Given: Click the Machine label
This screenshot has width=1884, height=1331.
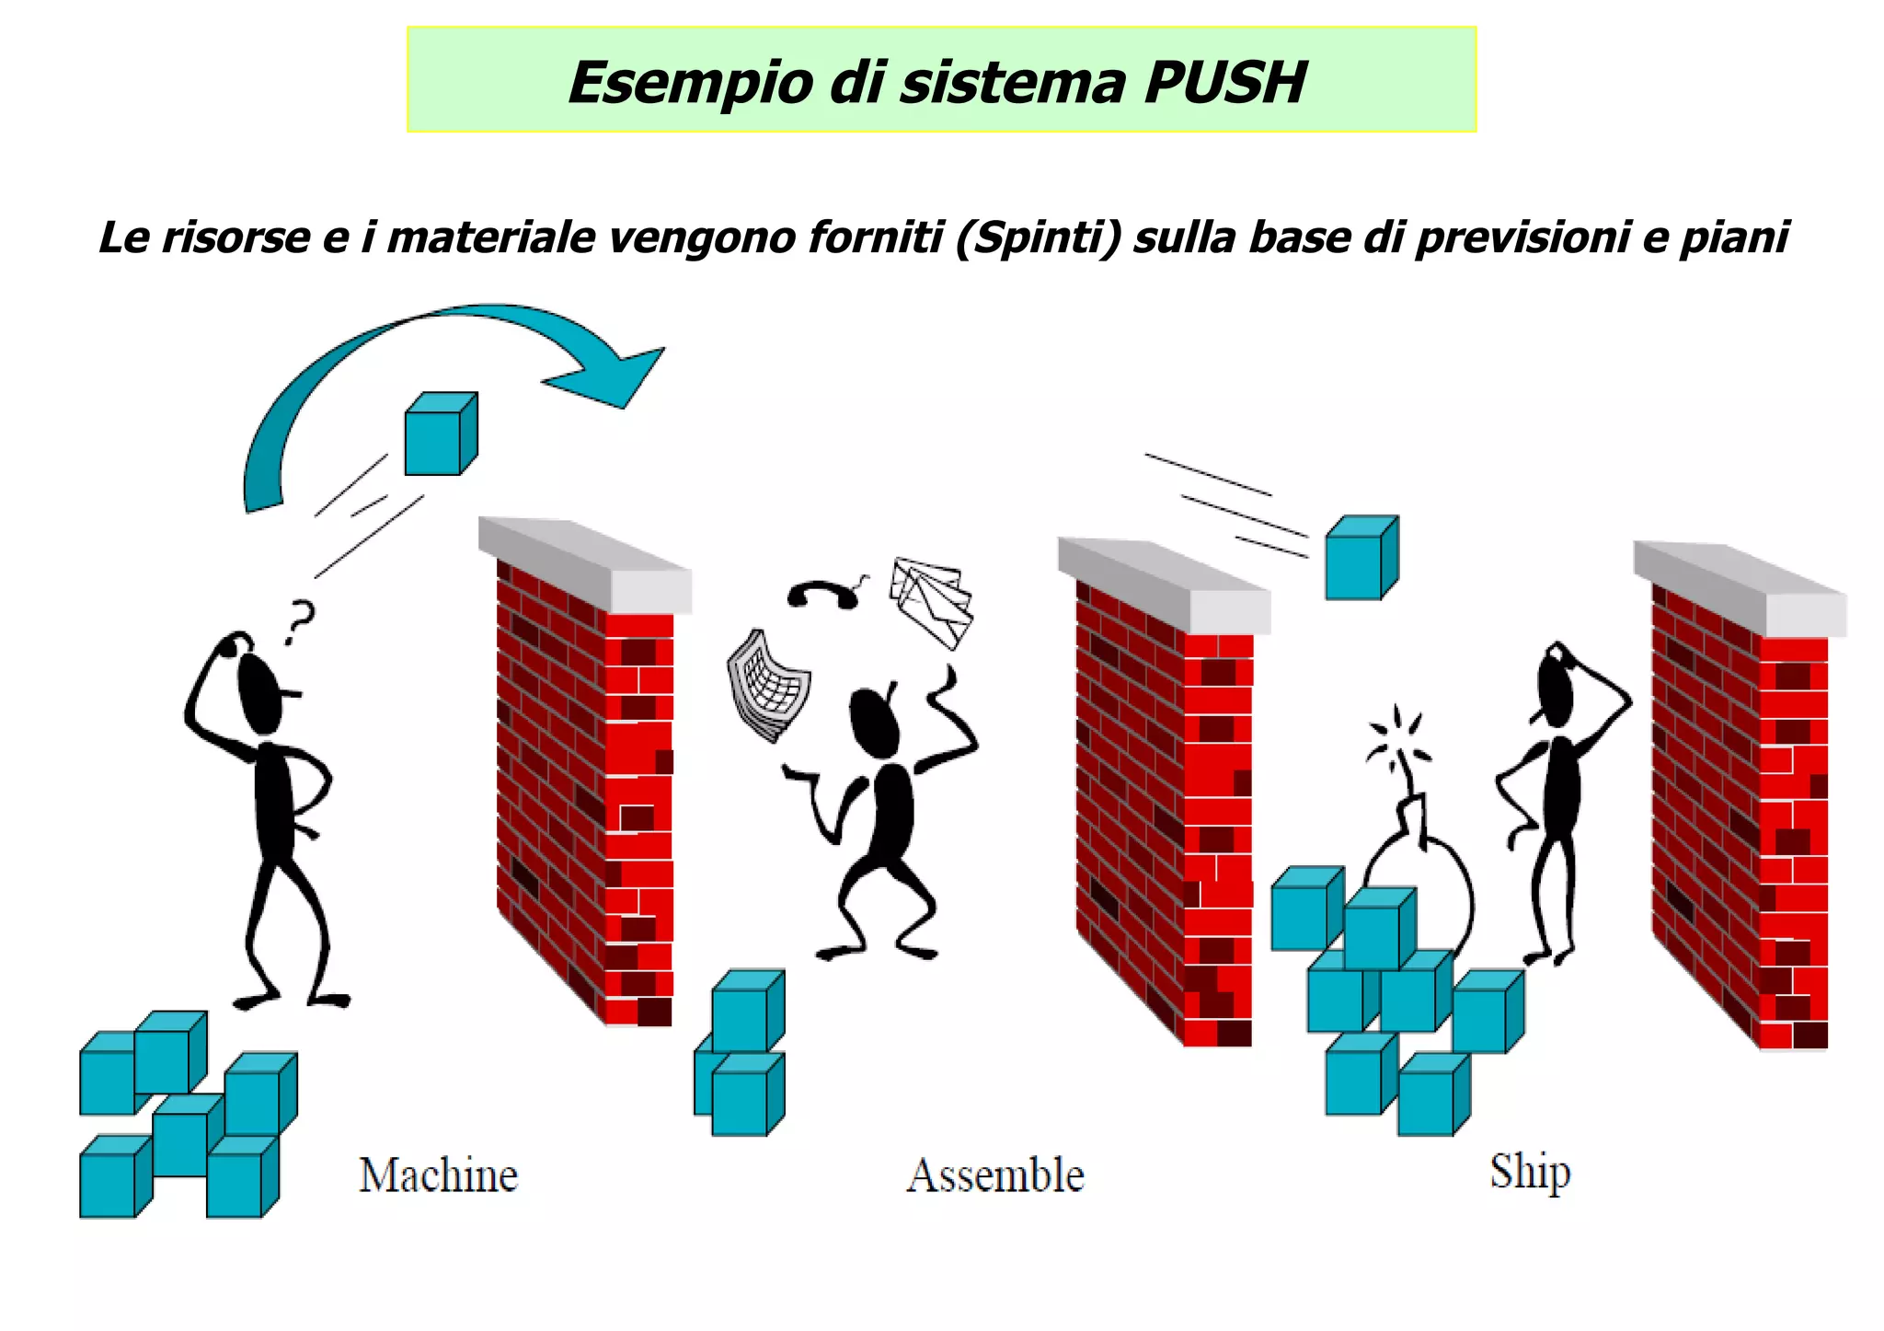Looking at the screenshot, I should tap(438, 1175).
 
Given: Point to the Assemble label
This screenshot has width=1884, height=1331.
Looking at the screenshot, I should tap(995, 1175).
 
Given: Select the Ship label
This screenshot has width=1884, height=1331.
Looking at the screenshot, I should tap(1530, 1172).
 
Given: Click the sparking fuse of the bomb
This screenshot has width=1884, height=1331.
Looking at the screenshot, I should tap(1397, 741).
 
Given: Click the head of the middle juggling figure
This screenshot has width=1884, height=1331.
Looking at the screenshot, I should tap(873, 723).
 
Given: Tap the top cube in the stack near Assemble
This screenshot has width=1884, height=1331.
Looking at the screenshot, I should tap(748, 1008).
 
